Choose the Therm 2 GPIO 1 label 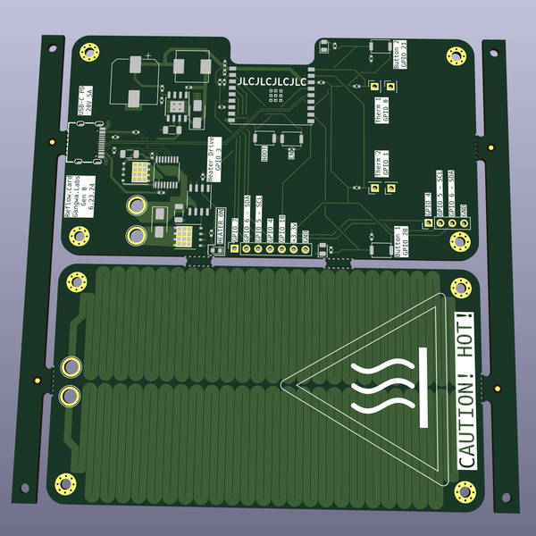pyautogui.click(x=381, y=164)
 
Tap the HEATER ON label pyautogui.click(x=218, y=220)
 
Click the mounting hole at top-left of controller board pyautogui.click(x=89, y=52)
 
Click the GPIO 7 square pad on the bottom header pyautogui.click(x=235, y=249)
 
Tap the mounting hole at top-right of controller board pyautogui.click(x=461, y=54)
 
